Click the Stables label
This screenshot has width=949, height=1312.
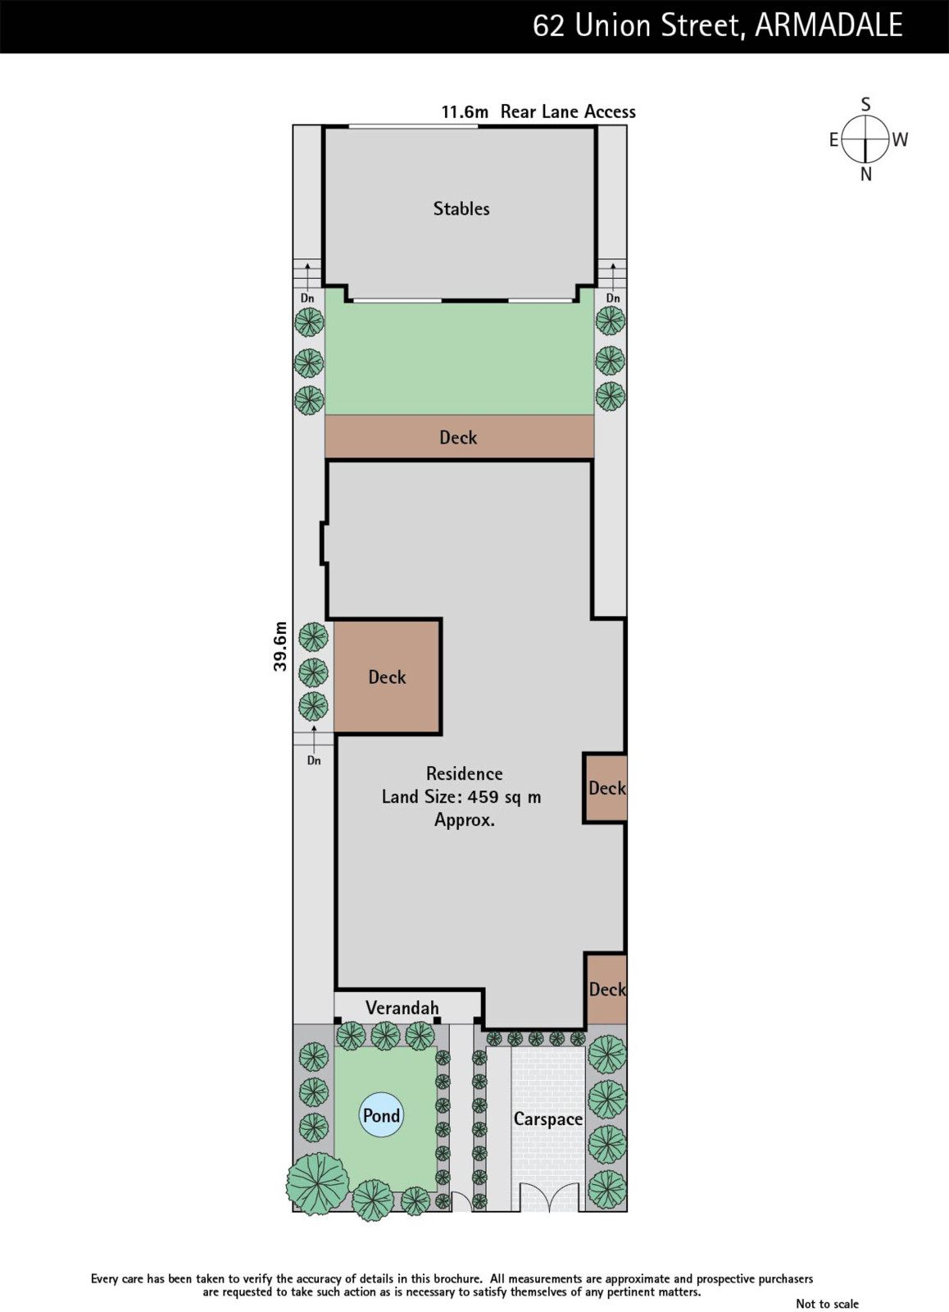[461, 208]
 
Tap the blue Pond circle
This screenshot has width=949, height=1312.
[381, 1114]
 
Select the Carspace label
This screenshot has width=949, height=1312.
[548, 1118]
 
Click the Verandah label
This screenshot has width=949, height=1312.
[402, 1008]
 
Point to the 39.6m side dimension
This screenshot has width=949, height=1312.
[280, 646]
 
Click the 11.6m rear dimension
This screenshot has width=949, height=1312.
[465, 112]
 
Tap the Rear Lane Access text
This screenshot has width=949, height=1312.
[568, 112]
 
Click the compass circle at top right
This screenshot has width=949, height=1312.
[865, 139]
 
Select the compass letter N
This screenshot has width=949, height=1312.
[866, 175]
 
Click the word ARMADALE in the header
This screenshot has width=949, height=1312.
[829, 25]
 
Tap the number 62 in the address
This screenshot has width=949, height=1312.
[548, 26]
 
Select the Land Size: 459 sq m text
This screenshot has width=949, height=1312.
[461, 796]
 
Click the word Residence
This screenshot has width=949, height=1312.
[464, 774]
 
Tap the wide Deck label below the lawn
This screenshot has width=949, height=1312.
[458, 438]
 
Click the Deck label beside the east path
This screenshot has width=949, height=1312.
[387, 677]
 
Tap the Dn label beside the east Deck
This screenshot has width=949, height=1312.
[314, 761]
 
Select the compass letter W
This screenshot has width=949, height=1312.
[900, 139]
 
